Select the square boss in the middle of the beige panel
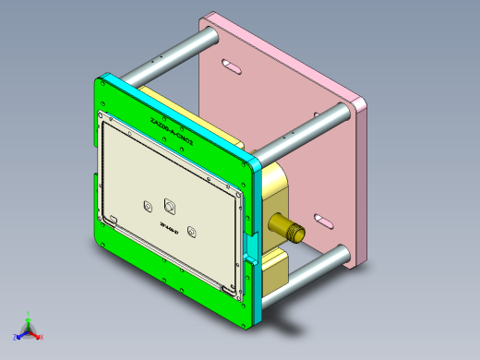pyautogui.click(x=171, y=205)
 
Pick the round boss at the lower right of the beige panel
pyautogui.click(x=191, y=231)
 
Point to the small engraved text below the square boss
pyautogui.click(x=169, y=226)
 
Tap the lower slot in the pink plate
pyautogui.click(x=325, y=221)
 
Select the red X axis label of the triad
pyautogui.click(x=41, y=338)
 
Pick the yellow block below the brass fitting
pyautogui.click(x=275, y=270)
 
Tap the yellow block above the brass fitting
pyautogui.click(x=276, y=185)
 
